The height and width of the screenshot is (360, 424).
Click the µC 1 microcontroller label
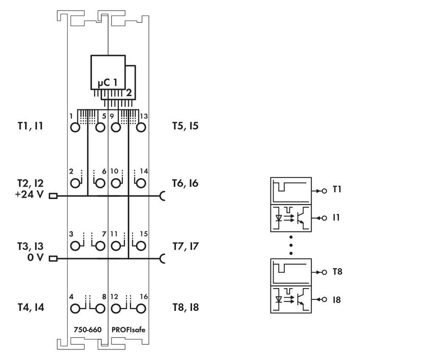point(107,82)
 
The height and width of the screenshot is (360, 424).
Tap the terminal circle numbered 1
point(75,127)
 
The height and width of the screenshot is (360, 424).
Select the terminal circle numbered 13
point(141,127)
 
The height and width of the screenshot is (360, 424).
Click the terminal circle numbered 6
point(100,183)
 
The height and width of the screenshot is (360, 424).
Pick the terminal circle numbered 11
point(116,246)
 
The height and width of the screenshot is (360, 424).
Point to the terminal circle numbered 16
point(141,308)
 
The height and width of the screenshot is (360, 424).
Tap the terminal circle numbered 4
point(75,308)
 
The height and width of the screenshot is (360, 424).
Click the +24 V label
point(29,195)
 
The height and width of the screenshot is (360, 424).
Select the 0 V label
point(35,258)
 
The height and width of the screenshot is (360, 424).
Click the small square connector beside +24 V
point(53,196)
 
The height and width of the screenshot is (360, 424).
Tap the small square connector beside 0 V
point(53,258)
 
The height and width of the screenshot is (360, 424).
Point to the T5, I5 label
point(185,126)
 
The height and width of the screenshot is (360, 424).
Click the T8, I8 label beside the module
point(185,307)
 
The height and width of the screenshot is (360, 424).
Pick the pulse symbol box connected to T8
point(291,272)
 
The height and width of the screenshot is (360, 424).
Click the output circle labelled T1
point(324,191)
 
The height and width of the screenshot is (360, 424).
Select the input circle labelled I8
point(324,299)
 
